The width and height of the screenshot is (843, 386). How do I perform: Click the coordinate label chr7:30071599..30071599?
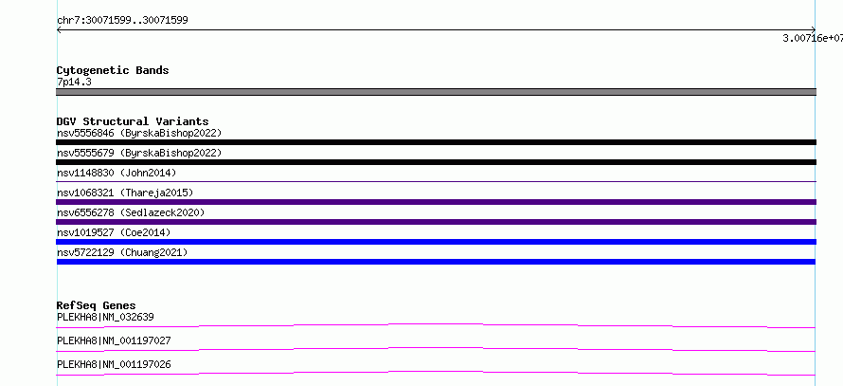(x=122, y=21)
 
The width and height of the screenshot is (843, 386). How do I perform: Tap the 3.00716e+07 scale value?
(x=813, y=38)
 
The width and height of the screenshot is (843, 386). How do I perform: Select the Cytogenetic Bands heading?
(x=113, y=70)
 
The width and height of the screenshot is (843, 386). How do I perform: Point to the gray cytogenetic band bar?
(x=436, y=92)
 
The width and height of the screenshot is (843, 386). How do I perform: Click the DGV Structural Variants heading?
(x=133, y=121)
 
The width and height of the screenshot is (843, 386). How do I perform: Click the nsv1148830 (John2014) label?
(x=117, y=173)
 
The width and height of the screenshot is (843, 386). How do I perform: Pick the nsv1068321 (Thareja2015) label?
(x=125, y=193)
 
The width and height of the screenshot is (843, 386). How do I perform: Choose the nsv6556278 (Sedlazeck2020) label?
(x=131, y=212)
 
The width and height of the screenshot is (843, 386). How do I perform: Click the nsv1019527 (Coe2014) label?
(x=114, y=232)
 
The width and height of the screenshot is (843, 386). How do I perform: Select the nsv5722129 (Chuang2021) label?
(x=122, y=252)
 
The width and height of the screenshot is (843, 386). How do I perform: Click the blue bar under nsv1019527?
(x=436, y=242)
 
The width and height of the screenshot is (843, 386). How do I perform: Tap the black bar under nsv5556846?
(x=436, y=142)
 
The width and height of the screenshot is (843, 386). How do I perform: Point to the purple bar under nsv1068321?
(x=436, y=202)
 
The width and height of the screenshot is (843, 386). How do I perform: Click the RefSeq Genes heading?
(x=97, y=305)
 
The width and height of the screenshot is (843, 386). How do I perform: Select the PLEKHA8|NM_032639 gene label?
(x=105, y=317)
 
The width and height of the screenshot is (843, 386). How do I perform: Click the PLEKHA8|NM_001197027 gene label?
(x=114, y=340)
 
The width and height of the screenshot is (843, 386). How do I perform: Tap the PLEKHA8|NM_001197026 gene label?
(x=114, y=364)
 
